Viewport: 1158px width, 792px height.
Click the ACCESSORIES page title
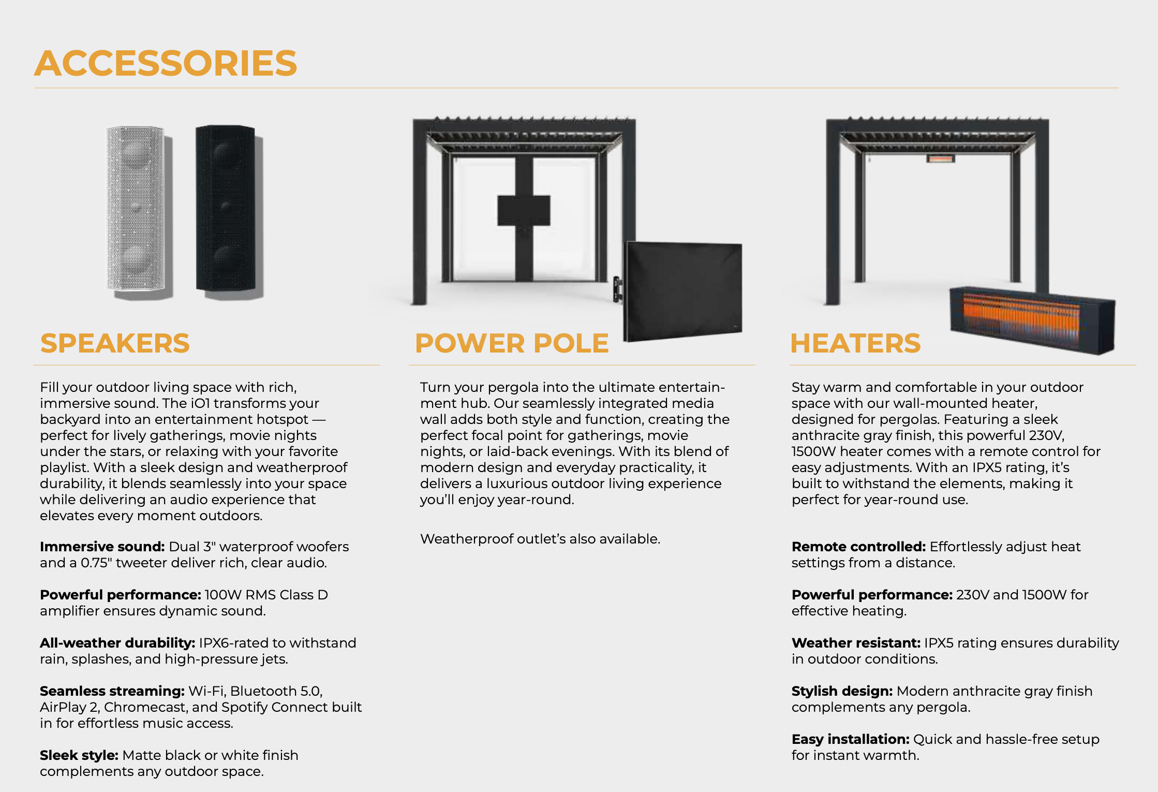166,63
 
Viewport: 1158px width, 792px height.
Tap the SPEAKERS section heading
115,343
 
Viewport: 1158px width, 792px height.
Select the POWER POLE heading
512,343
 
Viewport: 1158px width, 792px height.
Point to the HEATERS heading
855,343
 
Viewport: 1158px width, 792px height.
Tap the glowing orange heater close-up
1032,320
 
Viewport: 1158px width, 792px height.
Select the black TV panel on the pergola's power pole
524,210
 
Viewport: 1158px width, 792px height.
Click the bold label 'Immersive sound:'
102,547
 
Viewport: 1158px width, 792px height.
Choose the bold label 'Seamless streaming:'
112,691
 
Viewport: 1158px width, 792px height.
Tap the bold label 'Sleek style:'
79,755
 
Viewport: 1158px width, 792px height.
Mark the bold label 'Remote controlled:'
858,547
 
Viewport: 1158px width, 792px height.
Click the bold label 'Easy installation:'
851,739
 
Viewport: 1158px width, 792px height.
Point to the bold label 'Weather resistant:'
856,643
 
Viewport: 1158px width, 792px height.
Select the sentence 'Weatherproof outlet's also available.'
540,539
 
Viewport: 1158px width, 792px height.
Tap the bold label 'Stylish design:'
842,691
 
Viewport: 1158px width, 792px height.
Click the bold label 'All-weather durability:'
117,643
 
